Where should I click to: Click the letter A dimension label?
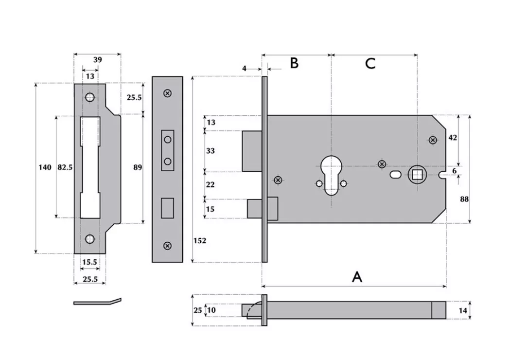coord(357,277)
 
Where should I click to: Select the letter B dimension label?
coord(294,63)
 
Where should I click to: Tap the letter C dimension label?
coord(370,63)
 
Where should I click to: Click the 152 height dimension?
coord(200,241)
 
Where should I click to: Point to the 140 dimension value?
coord(44,167)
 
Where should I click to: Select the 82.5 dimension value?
coord(65,167)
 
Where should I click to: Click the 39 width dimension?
coord(97,59)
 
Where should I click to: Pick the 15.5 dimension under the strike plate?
coord(89,262)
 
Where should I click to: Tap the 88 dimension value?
coord(464,199)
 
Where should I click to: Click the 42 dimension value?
coord(452,138)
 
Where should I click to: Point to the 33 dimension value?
coord(210,151)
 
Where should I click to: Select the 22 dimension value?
coord(210,185)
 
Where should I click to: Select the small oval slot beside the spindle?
coord(395,174)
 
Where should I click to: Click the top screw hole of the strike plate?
coord(89,97)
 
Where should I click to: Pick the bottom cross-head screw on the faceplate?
coord(167,246)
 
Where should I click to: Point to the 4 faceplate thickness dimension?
coord(245,69)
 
